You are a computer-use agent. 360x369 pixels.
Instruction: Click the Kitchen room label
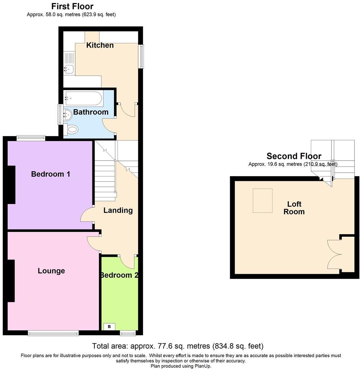click(100, 45)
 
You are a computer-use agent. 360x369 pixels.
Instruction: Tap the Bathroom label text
click(91, 112)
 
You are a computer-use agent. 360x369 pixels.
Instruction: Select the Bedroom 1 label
click(50, 174)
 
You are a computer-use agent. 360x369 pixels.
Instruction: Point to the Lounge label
click(51, 271)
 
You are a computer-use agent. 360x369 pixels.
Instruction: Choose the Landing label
click(118, 210)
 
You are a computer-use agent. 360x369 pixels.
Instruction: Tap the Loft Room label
click(294, 208)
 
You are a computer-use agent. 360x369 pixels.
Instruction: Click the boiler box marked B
click(109, 326)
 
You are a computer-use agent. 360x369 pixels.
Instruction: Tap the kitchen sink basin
click(68, 69)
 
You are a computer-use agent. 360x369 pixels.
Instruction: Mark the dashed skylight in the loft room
click(263, 200)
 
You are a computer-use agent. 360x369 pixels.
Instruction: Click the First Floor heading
click(72, 6)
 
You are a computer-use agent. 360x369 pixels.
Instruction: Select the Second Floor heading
click(294, 156)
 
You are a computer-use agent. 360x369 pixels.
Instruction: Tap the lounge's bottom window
click(53, 333)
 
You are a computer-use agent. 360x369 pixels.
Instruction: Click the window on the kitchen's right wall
click(141, 56)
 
